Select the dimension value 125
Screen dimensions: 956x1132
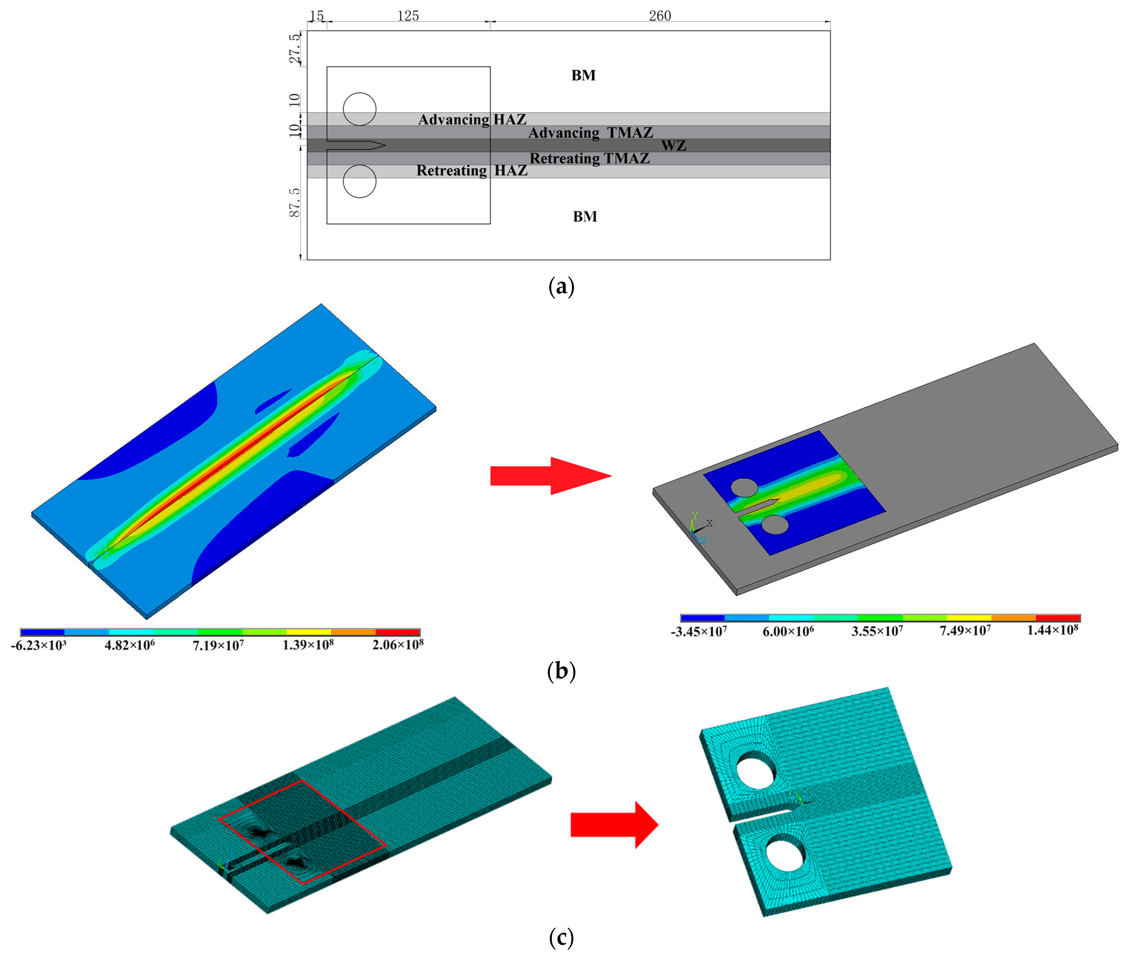point(408,16)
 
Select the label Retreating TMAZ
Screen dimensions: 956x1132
point(589,158)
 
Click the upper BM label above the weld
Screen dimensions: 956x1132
point(583,75)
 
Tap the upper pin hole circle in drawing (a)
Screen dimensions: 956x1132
point(360,109)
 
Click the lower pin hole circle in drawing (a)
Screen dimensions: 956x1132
point(360,181)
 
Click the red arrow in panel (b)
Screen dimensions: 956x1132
point(550,476)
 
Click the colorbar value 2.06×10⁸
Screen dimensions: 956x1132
point(397,644)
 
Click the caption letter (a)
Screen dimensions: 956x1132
point(561,286)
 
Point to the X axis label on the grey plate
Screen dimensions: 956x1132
point(710,523)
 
